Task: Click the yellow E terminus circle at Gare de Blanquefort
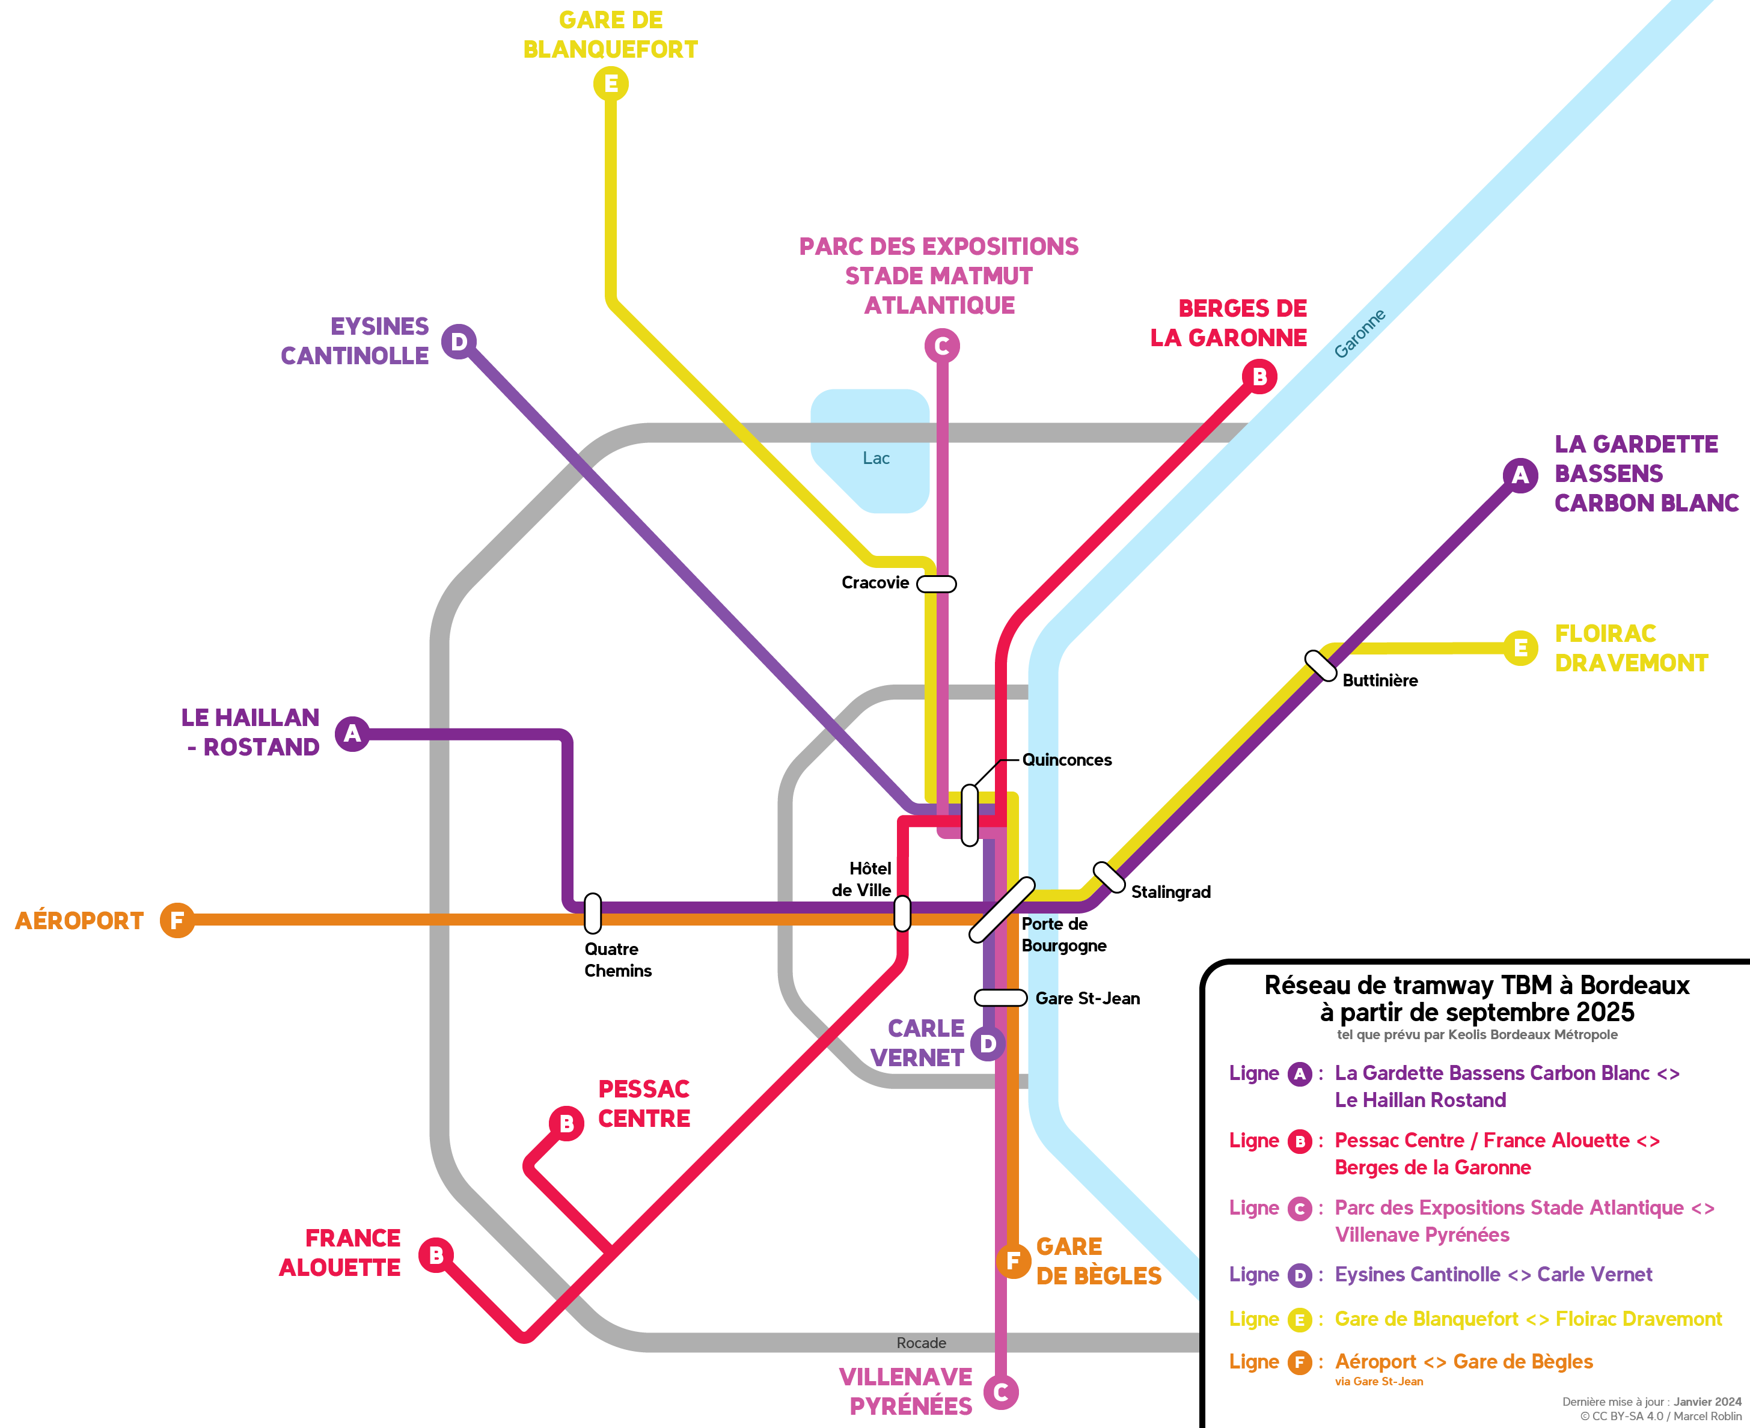click(x=610, y=84)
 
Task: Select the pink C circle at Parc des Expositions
click(x=941, y=346)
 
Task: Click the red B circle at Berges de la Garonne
click(x=1259, y=377)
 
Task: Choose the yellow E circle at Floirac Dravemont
click(x=1520, y=648)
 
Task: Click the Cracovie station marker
click(x=936, y=584)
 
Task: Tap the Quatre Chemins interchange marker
click(x=592, y=913)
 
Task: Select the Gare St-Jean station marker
click(x=1000, y=998)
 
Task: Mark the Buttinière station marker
click(x=1321, y=665)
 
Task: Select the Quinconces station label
click(x=1066, y=760)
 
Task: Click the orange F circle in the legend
click(x=1299, y=1362)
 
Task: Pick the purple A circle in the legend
click(x=1299, y=1073)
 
